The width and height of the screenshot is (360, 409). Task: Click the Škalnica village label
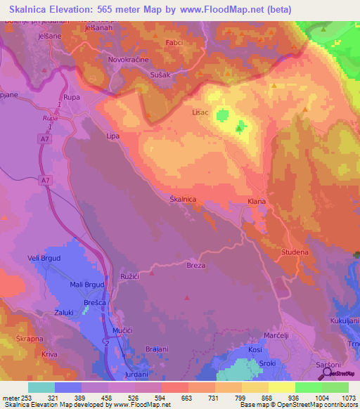183,200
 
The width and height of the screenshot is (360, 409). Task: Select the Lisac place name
201,111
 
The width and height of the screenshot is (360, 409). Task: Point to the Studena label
296,252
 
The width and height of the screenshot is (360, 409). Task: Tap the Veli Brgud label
44,259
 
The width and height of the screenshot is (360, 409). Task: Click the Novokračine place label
127,60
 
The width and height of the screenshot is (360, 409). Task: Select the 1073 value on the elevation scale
343,398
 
